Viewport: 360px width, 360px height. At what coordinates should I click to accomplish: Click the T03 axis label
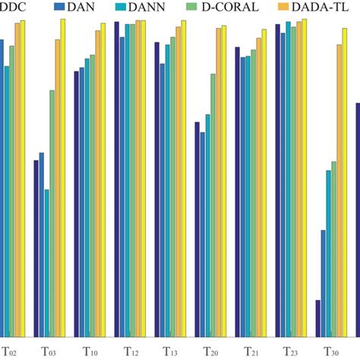(49, 352)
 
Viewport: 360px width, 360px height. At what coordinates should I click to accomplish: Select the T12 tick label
(131, 352)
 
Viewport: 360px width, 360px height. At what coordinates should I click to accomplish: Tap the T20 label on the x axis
(211, 352)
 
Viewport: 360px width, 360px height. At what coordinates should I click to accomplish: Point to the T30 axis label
(332, 352)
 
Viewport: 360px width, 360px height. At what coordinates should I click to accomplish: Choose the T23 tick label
(292, 352)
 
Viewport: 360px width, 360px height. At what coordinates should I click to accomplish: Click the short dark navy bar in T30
(317, 318)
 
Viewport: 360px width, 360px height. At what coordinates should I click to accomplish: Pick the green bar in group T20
(213, 205)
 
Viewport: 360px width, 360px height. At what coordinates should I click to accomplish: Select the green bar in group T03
(52, 213)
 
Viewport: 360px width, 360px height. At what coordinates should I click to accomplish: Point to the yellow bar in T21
(264, 183)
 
